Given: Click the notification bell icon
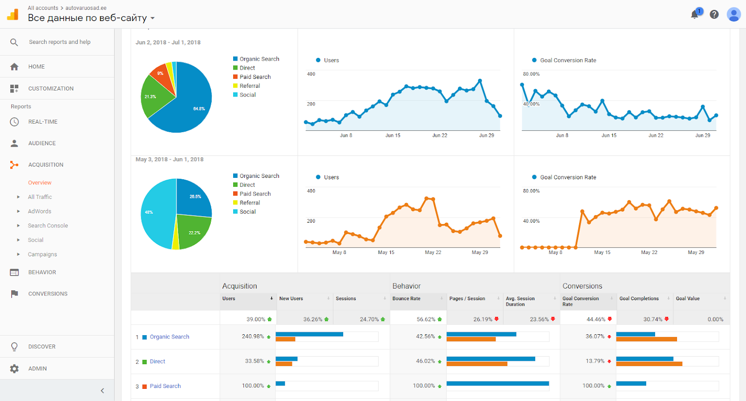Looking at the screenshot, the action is [694, 14].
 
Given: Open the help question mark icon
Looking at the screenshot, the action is [714, 14].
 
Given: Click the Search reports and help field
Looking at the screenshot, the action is [60, 42].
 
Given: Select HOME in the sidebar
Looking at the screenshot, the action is [36, 67].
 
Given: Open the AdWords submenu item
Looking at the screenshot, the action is [40, 211].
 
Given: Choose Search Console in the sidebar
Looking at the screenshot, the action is [48, 225].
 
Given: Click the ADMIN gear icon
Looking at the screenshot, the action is [14, 369].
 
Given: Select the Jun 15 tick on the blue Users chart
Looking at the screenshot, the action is [393, 135].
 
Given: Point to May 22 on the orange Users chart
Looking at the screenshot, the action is [433, 253].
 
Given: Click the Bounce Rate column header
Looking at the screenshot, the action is [406, 299].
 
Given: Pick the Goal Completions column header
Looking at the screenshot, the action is [639, 299].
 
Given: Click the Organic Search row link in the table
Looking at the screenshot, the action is [170, 337].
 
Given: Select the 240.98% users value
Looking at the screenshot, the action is [253, 337].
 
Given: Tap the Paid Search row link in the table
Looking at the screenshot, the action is [165, 386].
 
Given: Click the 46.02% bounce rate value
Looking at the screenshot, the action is [425, 361].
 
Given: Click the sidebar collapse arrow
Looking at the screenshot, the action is [102, 391].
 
